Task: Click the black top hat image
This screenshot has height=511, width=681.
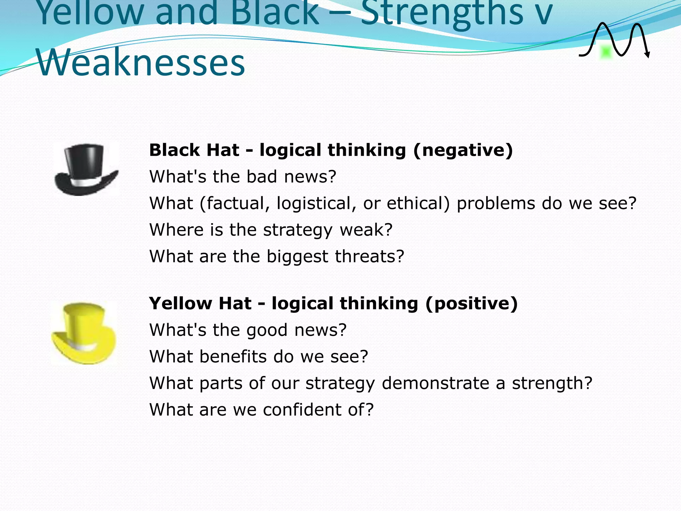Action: pyautogui.click(x=86, y=169)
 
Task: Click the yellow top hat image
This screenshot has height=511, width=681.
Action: pyautogui.click(x=84, y=333)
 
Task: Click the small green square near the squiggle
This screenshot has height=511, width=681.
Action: pyautogui.click(x=606, y=52)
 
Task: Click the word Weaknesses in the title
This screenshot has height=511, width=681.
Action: pyautogui.click(x=141, y=62)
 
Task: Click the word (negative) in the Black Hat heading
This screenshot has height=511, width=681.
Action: pyautogui.click(x=463, y=150)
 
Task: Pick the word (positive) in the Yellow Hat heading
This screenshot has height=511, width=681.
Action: pyautogui.click(x=472, y=303)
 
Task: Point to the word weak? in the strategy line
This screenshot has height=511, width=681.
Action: pyautogui.click(x=366, y=230)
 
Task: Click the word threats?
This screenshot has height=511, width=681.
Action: pyautogui.click(x=369, y=256)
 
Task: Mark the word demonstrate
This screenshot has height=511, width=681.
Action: pyautogui.click(x=436, y=383)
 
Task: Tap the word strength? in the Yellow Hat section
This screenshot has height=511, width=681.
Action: pyautogui.click(x=552, y=383)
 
